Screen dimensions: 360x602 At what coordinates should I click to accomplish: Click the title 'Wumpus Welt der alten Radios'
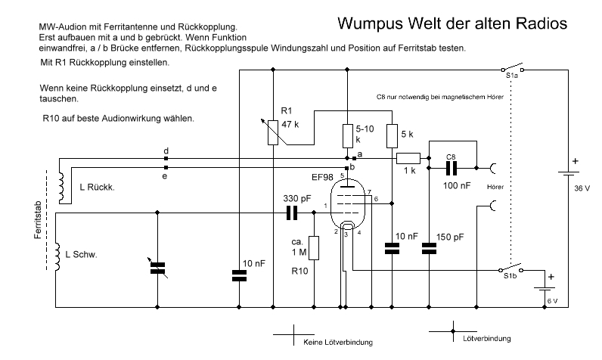click(x=451, y=23)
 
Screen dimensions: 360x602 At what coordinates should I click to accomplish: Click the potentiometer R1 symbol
click(x=273, y=130)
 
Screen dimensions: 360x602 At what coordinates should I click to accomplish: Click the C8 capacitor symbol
click(x=451, y=166)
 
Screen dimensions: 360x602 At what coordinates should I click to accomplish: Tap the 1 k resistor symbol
click(x=409, y=158)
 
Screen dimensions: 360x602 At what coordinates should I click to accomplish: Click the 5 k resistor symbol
click(x=392, y=136)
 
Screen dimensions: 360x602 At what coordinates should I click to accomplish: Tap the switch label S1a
click(x=511, y=76)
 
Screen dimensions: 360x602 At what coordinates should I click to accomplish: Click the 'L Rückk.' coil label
click(x=97, y=186)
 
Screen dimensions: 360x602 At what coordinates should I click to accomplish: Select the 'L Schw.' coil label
click(x=83, y=254)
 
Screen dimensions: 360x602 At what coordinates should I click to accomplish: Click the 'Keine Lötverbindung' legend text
click(x=338, y=343)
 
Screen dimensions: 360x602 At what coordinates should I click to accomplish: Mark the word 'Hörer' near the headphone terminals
click(x=497, y=185)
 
